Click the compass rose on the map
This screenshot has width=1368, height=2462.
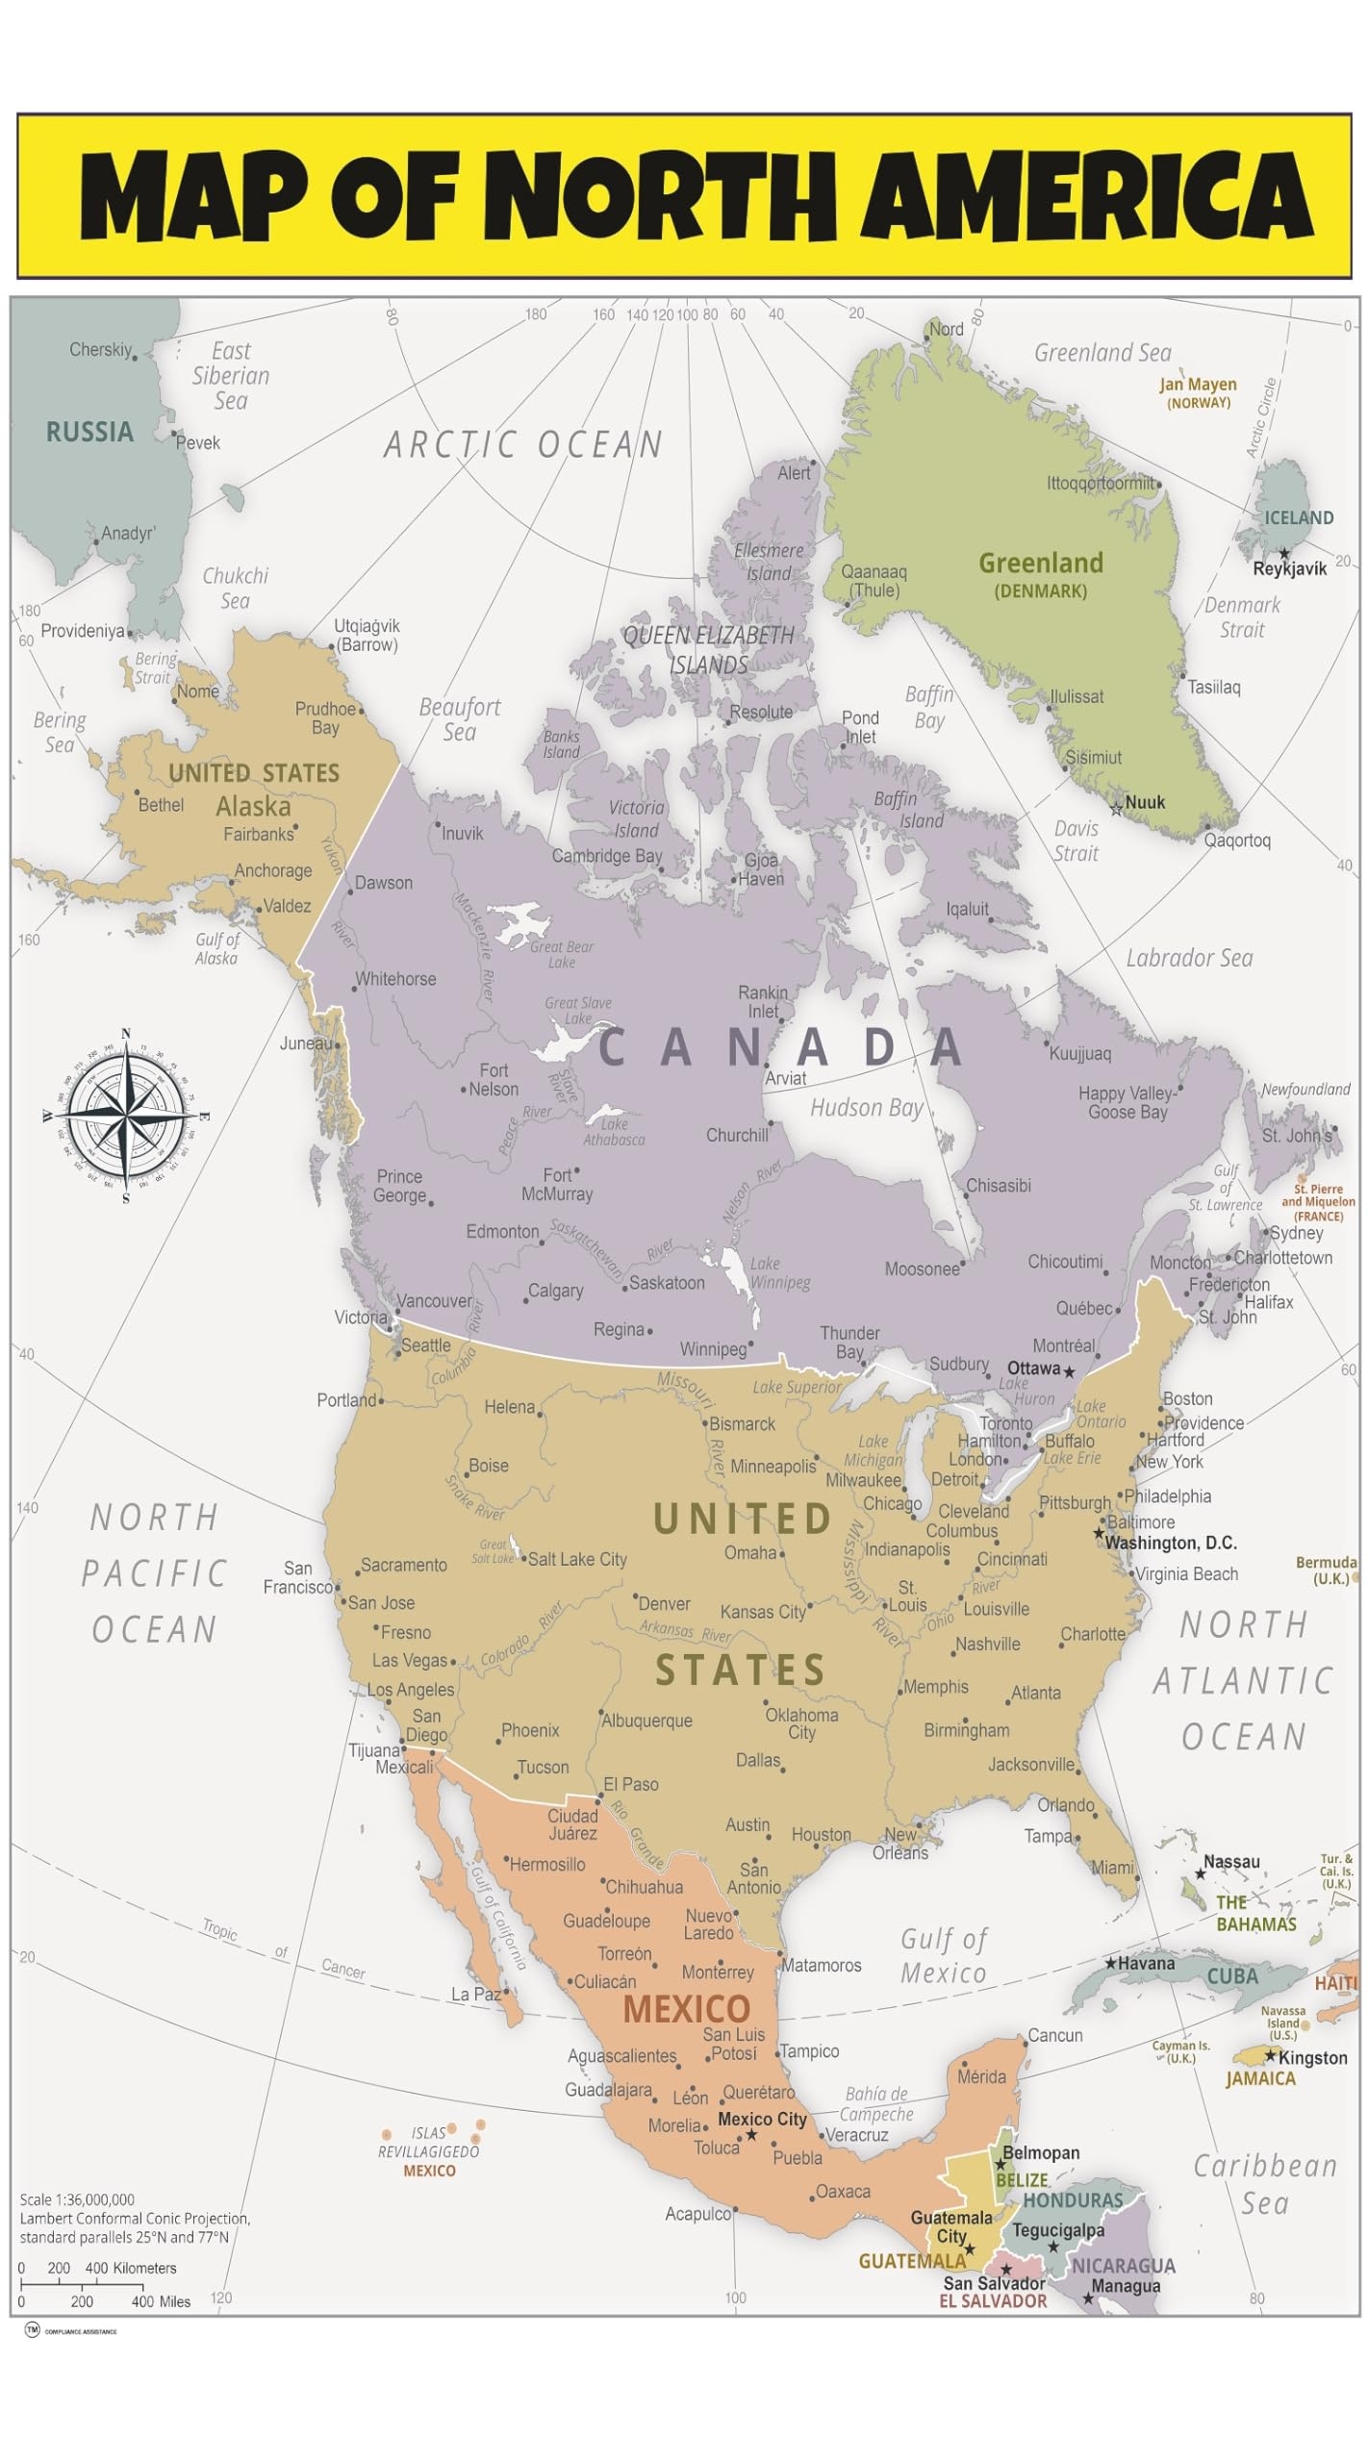tap(126, 1116)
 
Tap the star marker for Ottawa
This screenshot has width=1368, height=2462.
tap(1069, 1370)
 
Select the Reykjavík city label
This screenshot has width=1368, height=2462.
tap(1289, 568)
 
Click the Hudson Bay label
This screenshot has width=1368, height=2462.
tap(866, 1108)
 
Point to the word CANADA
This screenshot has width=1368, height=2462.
tap(779, 1047)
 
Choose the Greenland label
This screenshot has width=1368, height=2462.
tap(1040, 564)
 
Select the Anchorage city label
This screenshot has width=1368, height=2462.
tap(273, 870)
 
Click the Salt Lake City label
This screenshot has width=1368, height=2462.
tap(577, 1559)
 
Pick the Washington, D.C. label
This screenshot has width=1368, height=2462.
tap(1170, 1543)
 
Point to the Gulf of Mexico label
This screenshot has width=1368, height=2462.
tap(943, 1955)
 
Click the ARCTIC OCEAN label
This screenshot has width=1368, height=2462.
tap(523, 444)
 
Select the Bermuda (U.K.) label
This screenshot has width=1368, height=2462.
tap(1325, 1570)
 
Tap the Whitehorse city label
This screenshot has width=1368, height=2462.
tap(395, 979)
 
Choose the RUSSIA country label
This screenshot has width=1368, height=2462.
tap(89, 432)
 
